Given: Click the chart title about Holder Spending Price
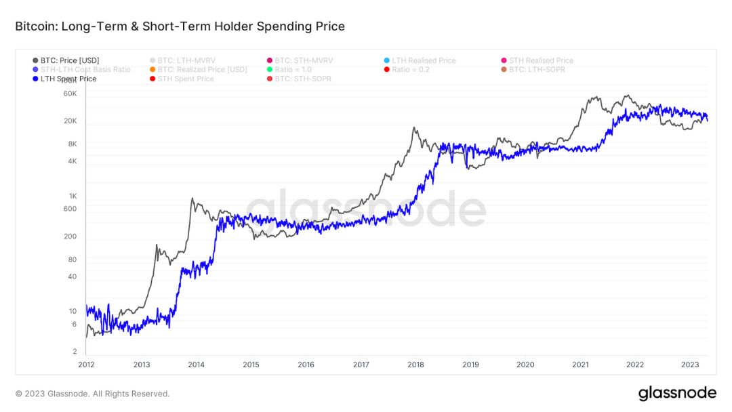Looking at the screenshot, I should point(180,26).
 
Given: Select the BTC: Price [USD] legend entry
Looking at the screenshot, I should point(69,60).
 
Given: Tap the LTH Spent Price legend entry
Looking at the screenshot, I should point(68,79).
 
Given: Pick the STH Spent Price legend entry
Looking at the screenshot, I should point(185,79).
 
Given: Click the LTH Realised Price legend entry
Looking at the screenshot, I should point(423,60).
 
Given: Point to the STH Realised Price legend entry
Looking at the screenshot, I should point(540,60).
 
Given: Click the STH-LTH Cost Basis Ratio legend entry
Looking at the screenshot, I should point(85,69).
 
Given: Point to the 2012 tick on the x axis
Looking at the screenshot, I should point(86,365).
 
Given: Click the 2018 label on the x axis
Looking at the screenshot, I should point(415,365).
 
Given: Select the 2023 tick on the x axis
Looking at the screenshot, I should point(690,365).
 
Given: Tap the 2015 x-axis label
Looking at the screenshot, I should point(251,365).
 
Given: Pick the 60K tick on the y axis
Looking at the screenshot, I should point(70,94).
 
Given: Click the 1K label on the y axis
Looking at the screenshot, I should point(73,196).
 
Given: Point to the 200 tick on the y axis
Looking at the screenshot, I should point(70,236).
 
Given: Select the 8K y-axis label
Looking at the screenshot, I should point(72,144).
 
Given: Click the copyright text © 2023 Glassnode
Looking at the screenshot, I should point(92,394).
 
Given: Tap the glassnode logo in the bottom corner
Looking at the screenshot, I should point(676,393).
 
